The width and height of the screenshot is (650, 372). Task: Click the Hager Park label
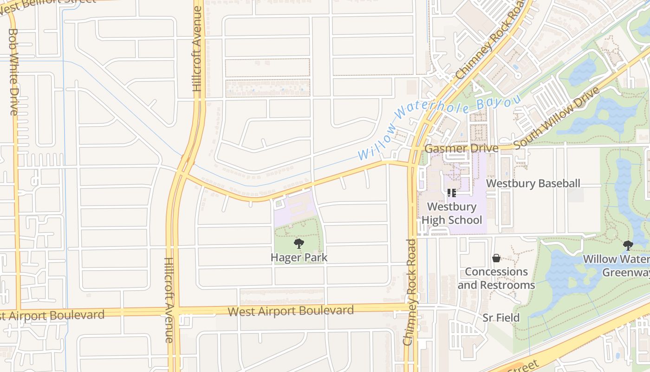point(299,257)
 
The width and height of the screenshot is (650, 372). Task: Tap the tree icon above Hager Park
point(299,243)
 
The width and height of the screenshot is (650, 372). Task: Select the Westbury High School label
point(452,213)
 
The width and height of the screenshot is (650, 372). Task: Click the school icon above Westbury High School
point(452,193)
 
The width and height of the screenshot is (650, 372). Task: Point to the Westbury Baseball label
point(533,183)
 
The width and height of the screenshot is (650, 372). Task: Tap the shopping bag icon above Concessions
point(496,258)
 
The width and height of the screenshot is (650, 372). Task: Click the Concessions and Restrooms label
point(496,278)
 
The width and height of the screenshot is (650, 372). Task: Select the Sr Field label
point(501,318)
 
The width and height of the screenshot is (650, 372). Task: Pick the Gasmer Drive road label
point(461,148)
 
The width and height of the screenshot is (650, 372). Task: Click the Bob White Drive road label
point(13,72)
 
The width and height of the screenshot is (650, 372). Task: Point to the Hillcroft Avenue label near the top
point(197,51)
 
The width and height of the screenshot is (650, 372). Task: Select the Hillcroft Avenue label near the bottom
point(169,300)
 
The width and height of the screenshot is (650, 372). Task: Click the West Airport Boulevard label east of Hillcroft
point(291,311)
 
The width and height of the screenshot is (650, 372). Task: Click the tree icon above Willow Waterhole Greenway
point(628,245)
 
